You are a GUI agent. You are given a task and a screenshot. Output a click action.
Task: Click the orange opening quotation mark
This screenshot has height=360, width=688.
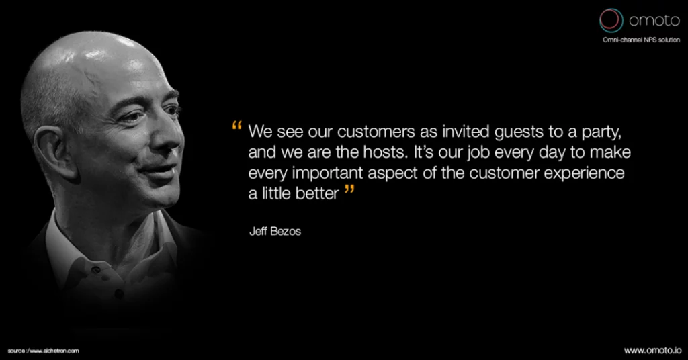[237, 126]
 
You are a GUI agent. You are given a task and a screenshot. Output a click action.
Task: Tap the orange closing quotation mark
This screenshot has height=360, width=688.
[349, 189]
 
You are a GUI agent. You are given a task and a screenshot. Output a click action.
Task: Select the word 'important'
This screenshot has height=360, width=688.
[328, 173]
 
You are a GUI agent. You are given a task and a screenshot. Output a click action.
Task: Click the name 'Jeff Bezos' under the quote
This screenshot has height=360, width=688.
[275, 231]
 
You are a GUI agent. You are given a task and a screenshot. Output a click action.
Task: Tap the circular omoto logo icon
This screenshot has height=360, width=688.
[611, 20]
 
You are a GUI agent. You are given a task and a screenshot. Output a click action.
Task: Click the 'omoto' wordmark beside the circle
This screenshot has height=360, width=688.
[654, 21]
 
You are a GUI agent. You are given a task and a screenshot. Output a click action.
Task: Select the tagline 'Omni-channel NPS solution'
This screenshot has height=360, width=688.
[641, 40]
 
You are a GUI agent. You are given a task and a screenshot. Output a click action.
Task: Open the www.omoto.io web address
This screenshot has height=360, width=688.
[653, 351]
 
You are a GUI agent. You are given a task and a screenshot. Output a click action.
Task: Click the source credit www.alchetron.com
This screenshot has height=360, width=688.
[44, 351]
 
